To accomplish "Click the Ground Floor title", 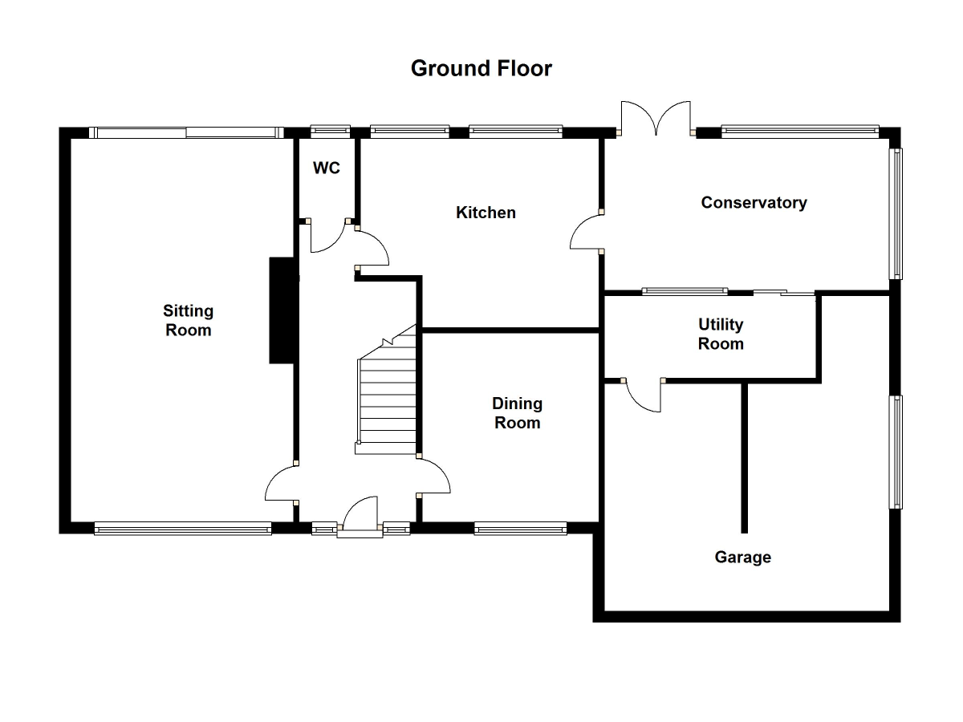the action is click(481, 68).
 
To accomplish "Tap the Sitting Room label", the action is click(189, 320).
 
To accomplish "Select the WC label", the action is click(327, 168).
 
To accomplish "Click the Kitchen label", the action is click(486, 213).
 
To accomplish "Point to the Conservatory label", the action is click(754, 202).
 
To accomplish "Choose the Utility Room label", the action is click(721, 334).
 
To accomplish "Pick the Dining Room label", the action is click(518, 412).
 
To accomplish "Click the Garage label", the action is click(742, 557).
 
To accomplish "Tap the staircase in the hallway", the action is click(388, 397).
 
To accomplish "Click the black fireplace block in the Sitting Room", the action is click(282, 310).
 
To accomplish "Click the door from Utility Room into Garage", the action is click(642, 395).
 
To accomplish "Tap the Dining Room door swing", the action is click(434, 477).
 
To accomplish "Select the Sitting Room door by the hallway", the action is click(282, 483).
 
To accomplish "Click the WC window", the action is click(331, 128).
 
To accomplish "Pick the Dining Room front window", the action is click(520, 528).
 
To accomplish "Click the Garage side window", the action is click(896, 452).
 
